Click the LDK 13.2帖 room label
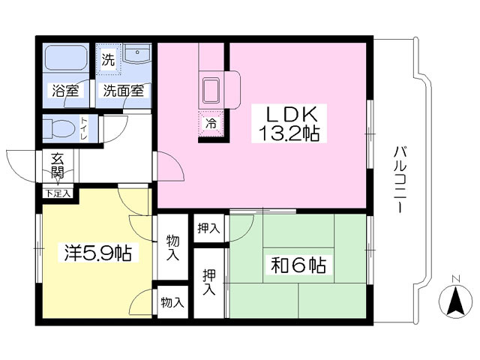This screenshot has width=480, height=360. [x=289, y=123]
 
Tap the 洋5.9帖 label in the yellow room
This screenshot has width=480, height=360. [x=98, y=253]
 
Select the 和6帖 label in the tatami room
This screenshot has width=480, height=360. [x=298, y=265]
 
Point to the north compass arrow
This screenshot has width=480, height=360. [x=455, y=301]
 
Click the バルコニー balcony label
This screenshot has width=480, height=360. [x=400, y=180]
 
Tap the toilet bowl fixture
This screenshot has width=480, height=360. [x=59, y=128]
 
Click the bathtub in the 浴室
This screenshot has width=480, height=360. [x=66, y=58]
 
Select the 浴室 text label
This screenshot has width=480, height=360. [x=65, y=91]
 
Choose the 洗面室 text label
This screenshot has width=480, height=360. [x=123, y=91]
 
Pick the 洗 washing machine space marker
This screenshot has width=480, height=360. [x=108, y=59]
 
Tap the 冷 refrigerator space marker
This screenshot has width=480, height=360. [x=211, y=123]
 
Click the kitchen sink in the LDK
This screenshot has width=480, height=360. [x=211, y=90]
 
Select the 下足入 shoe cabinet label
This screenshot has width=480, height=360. [x=58, y=193]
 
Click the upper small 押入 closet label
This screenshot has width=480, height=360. [x=208, y=228]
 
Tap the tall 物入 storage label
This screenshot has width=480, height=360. [x=172, y=247]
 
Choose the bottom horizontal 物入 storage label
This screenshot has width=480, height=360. [x=172, y=303]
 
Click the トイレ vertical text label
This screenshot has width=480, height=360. [x=83, y=128]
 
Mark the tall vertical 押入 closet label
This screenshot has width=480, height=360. [x=209, y=282]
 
